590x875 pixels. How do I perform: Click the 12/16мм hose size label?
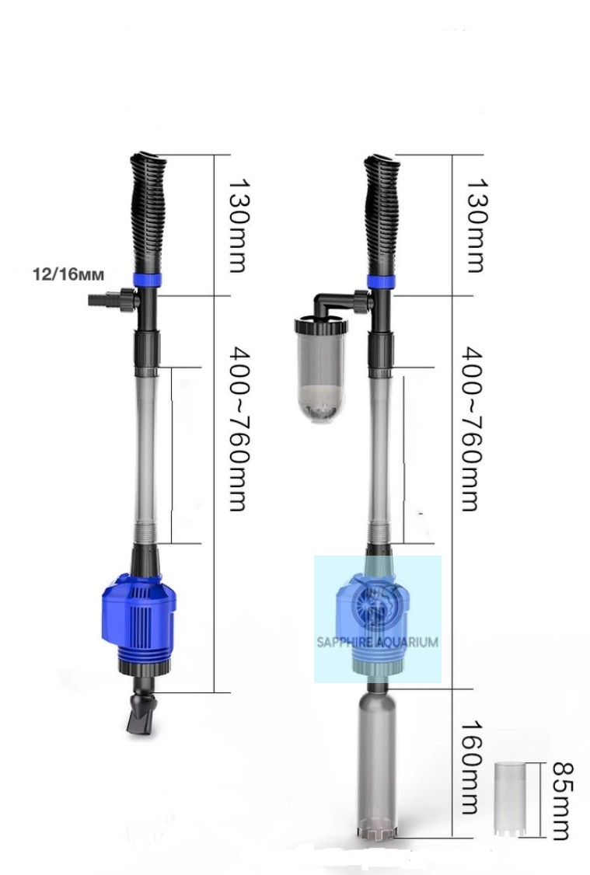pos(68,275)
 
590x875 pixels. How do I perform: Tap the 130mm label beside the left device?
pos(238,225)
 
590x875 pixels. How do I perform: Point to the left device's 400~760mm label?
pos(238,429)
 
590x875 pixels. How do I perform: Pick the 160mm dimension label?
pos(470,766)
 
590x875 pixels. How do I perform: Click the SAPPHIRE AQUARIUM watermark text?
pos(377,642)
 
